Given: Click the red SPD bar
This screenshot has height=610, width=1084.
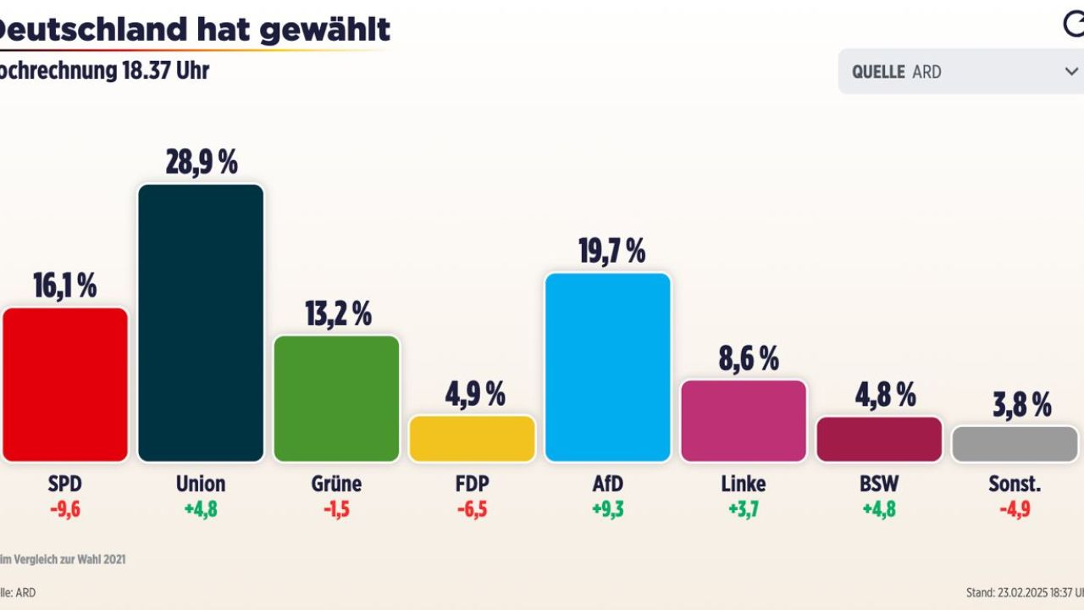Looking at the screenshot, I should (x=65, y=385).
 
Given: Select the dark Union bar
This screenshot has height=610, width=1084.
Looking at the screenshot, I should (x=201, y=323).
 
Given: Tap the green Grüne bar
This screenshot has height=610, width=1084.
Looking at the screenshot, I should (x=336, y=398).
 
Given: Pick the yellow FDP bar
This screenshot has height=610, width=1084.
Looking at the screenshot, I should (x=472, y=439).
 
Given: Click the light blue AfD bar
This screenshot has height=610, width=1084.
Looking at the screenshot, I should (x=608, y=367).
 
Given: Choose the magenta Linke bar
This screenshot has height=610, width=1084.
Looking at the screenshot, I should (x=744, y=421).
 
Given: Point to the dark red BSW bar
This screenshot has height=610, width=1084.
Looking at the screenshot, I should (x=879, y=440).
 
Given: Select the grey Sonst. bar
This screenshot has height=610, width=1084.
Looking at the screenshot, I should (x=1015, y=444).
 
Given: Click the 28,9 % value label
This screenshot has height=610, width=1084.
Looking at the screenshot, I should (x=202, y=162).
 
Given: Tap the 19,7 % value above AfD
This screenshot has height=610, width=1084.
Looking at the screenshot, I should (x=608, y=251).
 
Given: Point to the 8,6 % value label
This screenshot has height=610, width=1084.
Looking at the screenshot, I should (x=744, y=358).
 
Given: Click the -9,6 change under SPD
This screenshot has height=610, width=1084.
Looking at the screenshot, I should (x=65, y=510).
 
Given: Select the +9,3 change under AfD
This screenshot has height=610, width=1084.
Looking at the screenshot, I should (x=607, y=510).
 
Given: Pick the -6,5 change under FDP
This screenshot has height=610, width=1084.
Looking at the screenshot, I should (x=472, y=510).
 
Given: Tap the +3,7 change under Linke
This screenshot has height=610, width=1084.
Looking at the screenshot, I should (x=744, y=510).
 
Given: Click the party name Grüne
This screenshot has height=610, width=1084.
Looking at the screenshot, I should (x=336, y=484).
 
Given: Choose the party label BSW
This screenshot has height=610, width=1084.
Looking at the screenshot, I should (x=879, y=484).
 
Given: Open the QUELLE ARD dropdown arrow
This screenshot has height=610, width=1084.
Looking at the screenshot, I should (x=1071, y=72).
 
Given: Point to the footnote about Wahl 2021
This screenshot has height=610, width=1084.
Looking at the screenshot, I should (x=64, y=559).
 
